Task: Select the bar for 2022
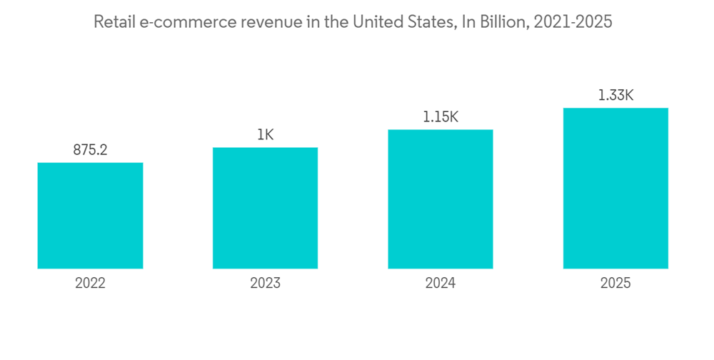click(90, 216)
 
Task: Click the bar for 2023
click(265, 208)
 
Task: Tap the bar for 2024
click(441, 199)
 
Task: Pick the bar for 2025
click(615, 189)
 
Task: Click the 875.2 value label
click(90, 151)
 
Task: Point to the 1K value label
click(265, 135)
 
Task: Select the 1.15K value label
click(441, 117)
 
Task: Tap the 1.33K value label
click(615, 96)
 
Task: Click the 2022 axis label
click(90, 284)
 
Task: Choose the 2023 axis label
click(265, 284)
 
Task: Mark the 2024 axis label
click(441, 284)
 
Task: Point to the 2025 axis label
click(615, 284)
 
